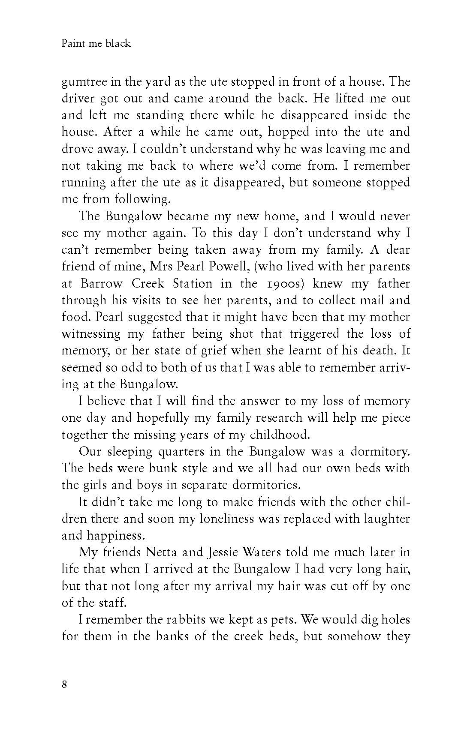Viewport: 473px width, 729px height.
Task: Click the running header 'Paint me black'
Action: (96, 44)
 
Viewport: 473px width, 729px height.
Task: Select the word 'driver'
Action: (77, 99)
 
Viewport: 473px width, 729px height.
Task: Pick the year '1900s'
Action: (284, 284)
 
